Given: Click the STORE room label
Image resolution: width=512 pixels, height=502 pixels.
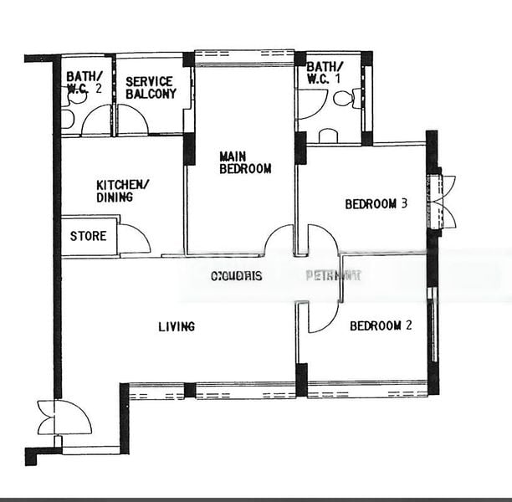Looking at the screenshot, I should pos(88,236).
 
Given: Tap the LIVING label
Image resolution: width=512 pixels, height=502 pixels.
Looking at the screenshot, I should pos(177,326).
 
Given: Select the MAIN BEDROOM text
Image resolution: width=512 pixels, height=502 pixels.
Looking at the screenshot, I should pos(245,162).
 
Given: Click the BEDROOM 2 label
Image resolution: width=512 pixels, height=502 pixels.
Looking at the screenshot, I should pos(381,326).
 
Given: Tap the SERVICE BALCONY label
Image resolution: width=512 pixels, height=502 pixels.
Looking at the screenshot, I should pos(151,87).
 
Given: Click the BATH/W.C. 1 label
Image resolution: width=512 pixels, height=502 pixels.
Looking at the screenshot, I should pos(324,73).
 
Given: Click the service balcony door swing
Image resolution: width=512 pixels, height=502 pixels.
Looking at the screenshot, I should pos(131,120).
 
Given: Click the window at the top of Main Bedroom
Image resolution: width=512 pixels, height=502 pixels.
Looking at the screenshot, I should pos(244,58).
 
